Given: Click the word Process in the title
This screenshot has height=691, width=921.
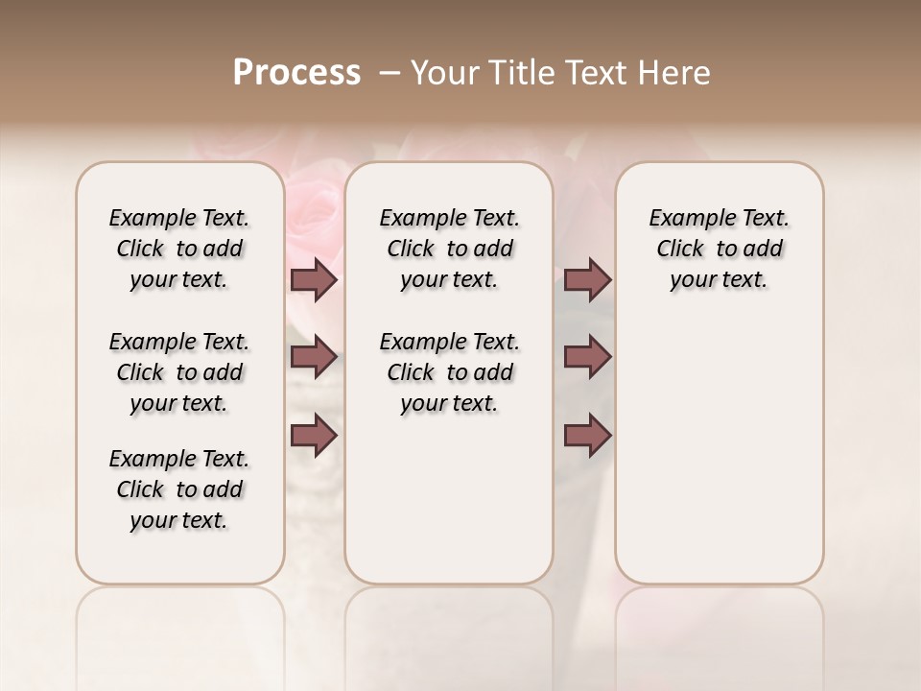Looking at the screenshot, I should click(x=296, y=73).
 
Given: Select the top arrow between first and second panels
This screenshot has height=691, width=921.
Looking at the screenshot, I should click(x=314, y=280).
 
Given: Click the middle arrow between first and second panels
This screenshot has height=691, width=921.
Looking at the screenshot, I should click(x=314, y=358).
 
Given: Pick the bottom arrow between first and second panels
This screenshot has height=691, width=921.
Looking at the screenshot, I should click(x=314, y=435).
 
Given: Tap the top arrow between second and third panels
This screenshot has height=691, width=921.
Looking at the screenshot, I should click(x=587, y=280).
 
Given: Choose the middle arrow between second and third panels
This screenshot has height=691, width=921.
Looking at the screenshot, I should click(x=587, y=358).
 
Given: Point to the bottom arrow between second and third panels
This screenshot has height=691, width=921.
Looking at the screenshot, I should click(x=587, y=435).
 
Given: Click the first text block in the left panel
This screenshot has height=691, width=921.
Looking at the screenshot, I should click(x=178, y=249).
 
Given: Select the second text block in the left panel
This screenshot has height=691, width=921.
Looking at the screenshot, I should click(x=178, y=372).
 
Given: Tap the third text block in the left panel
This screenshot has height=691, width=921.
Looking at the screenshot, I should click(x=178, y=489).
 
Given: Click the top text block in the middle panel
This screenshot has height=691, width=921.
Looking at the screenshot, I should click(x=449, y=249).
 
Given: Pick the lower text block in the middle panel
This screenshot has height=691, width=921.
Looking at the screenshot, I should click(x=449, y=372).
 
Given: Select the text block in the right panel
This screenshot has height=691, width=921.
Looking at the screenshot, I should click(x=719, y=249).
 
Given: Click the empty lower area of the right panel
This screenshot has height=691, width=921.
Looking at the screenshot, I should click(x=719, y=441).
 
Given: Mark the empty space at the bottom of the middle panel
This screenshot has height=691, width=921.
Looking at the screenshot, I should click(x=449, y=509).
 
